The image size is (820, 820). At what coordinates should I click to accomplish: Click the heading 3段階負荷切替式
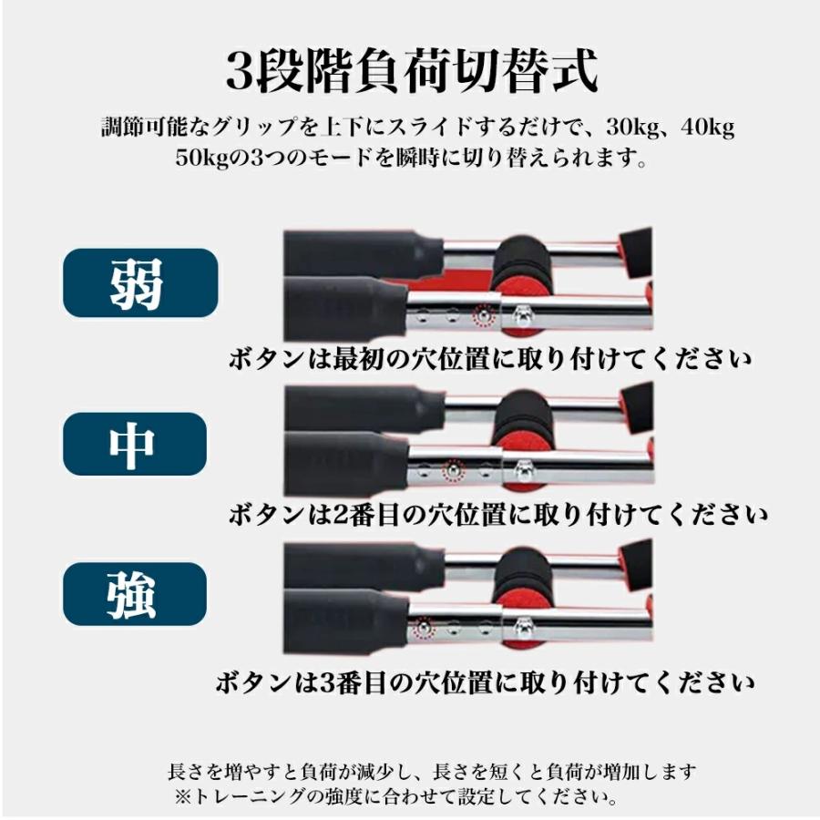point(411,72)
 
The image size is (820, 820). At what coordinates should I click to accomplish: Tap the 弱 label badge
point(139,282)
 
